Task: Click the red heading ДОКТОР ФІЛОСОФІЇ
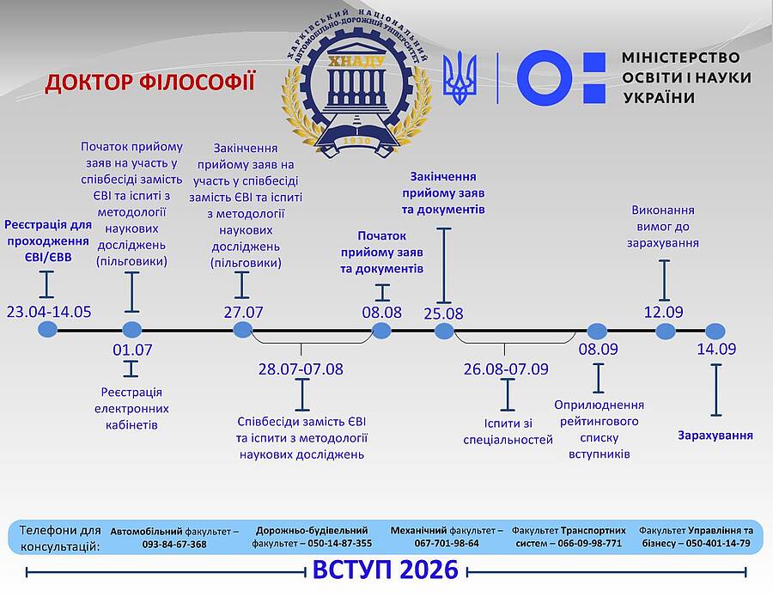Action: click(150, 82)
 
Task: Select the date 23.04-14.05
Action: click(48, 311)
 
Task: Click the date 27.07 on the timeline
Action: click(243, 311)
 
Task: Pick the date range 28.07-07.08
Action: click(301, 369)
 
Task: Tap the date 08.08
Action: click(381, 311)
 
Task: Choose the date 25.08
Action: click(443, 314)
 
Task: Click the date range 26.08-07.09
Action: click(506, 369)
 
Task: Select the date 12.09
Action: click(664, 311)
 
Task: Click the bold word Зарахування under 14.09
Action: click(715, 435)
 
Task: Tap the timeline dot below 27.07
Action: click(243, 330)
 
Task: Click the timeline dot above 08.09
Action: click(597, 331)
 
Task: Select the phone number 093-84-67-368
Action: click(174, 544)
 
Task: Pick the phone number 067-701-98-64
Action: click(447, 544)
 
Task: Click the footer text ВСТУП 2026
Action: click(385, 570)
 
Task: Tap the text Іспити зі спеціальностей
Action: click(507, 431)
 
